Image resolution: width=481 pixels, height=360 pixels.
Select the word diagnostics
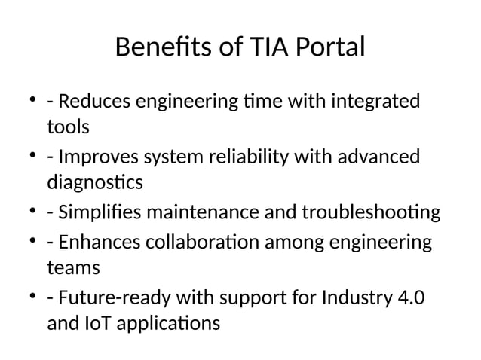click(x=94, y=183)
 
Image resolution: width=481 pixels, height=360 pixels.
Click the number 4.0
click(x=409, y=299)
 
